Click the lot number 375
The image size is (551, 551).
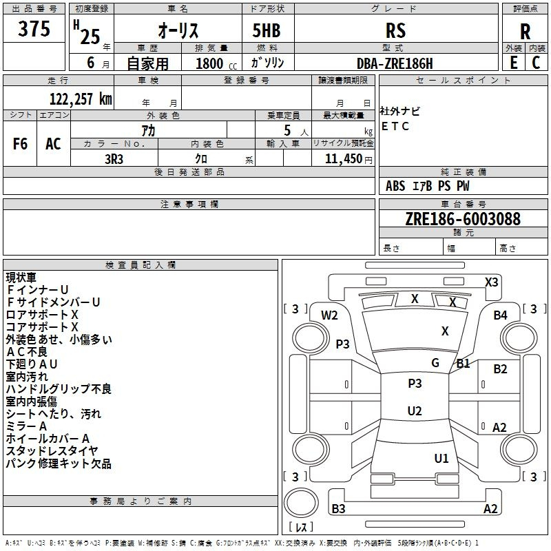click(x=34, y=30)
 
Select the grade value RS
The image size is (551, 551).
click(x=396, y=30)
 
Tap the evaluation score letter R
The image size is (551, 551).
click(x=525, y=32)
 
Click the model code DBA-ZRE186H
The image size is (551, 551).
click(x=395, y=63)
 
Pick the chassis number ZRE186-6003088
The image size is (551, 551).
click(x=462, y=219)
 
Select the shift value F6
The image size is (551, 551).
click(x=21, y=144)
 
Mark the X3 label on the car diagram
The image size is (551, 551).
click(x=491, y=282)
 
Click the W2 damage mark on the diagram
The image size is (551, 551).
click(x=329, y=315)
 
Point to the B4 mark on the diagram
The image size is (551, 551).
click(x=500, y=315)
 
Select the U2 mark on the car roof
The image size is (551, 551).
click(x=415, y=410)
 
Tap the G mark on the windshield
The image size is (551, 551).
click(x=435, y=363)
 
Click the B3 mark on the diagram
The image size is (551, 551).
click(x=338, y=509)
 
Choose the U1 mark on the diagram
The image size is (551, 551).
click(x=441, y=458)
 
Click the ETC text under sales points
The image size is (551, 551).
click(x=395, y=126)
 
